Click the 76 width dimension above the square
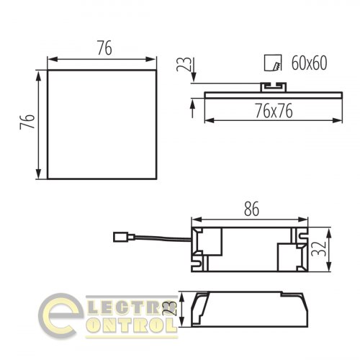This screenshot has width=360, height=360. (104, 50)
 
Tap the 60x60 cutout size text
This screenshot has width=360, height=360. (310, 63)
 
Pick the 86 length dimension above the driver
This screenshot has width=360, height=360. (251, 210)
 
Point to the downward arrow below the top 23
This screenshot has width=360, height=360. (193, 81)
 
